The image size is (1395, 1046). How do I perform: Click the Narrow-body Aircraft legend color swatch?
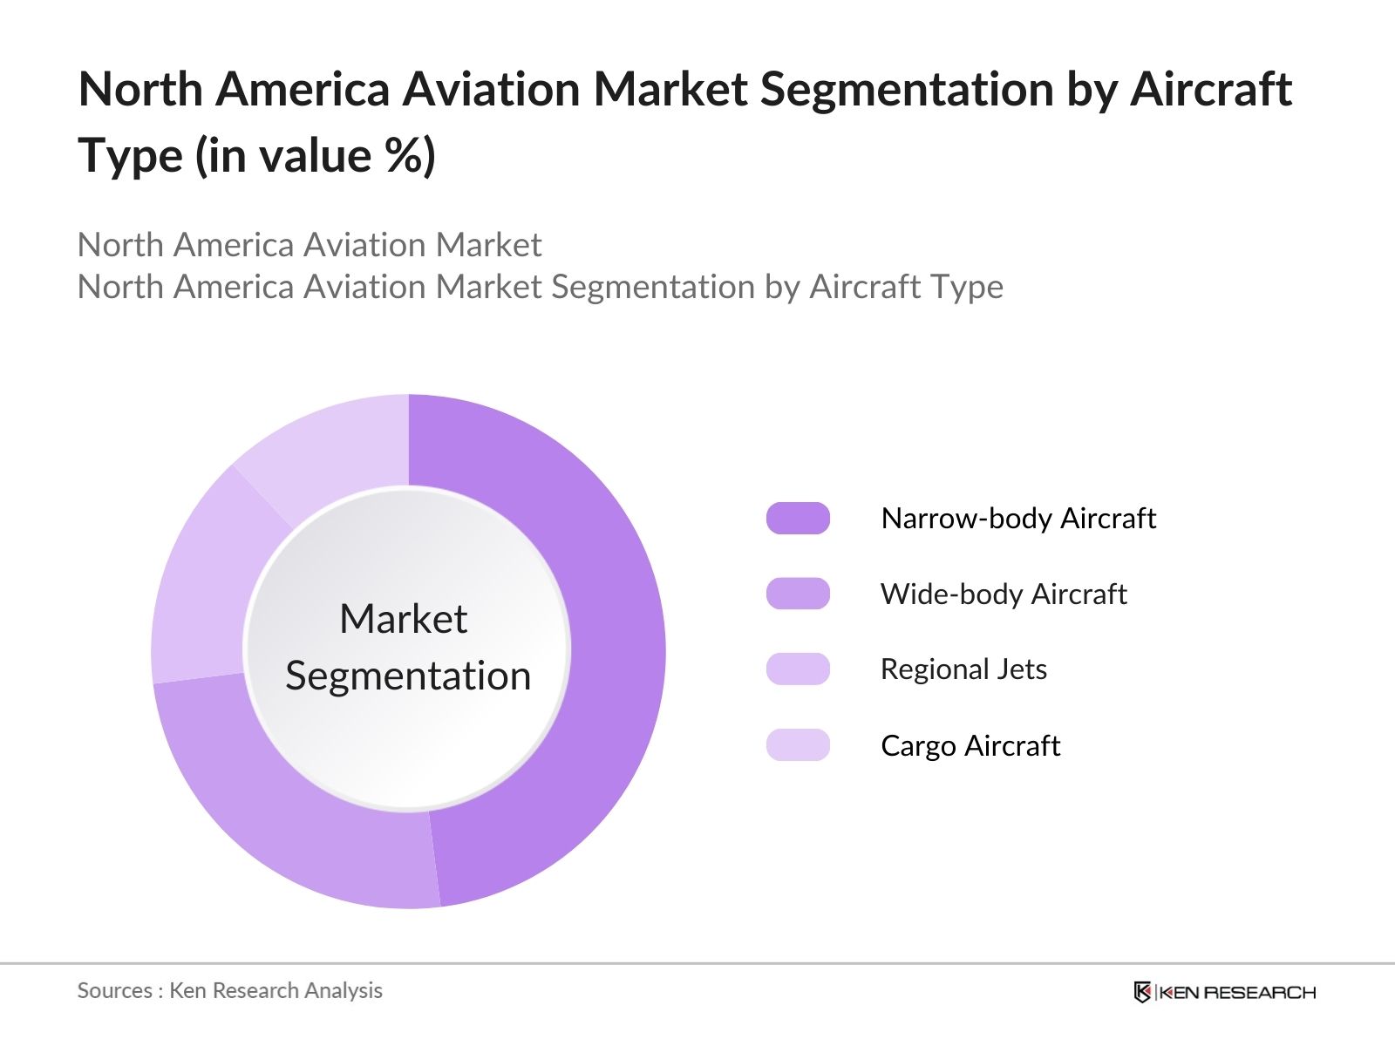coord(798,518)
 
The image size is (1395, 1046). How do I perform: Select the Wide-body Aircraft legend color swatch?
coord(798,594)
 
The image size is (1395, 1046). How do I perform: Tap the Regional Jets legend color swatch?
coord(798,669)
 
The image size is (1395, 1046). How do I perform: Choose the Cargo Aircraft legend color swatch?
coord(798,745)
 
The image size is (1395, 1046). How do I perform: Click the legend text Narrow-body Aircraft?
coord(1017,519)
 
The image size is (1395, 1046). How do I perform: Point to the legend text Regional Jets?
coord(963,669)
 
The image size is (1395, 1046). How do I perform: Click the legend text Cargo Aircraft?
coord(970,746)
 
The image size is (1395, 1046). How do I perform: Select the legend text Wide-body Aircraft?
coord(1003,594)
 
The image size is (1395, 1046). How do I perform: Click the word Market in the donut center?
coord(403,619)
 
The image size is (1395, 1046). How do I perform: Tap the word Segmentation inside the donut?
coord(408,676)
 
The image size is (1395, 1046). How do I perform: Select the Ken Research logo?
coord(1224,992)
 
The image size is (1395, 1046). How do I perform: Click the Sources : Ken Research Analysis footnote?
coord(229,990)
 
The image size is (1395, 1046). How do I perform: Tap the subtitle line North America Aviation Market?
coord(310,245)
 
